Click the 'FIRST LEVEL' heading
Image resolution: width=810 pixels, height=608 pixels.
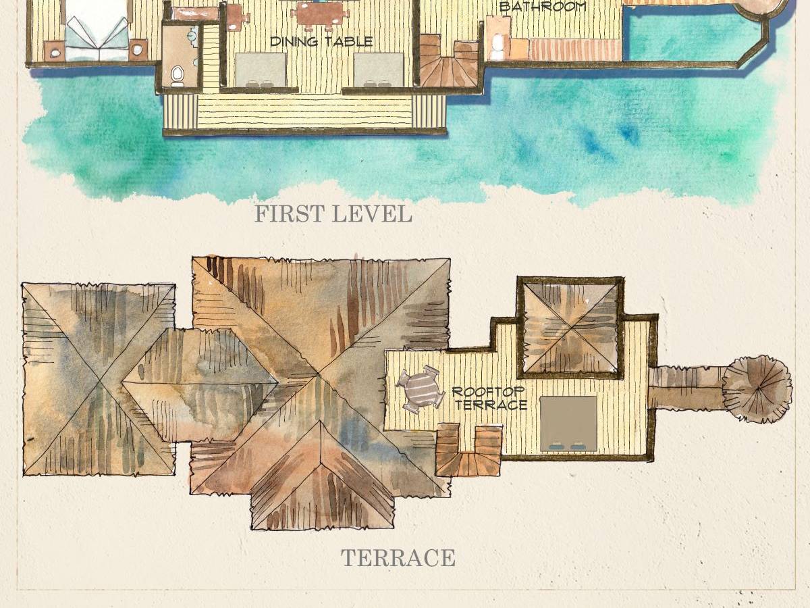(x=333, y=213)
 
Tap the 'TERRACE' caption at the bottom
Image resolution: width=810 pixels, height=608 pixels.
(x=398, y=557)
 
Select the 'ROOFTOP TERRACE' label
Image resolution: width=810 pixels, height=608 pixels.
(x=490, y=399)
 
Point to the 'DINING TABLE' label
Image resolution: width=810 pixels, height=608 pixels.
(x=321, y=41)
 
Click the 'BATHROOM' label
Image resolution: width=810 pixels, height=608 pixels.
(x=543, y=6)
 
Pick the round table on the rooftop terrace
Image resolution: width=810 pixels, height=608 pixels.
(x=421, y=390)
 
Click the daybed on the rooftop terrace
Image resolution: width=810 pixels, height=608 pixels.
(x=568, y=424)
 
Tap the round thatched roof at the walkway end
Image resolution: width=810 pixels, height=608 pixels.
(x=757, y=389)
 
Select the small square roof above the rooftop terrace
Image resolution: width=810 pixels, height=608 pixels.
(x=570, y=328)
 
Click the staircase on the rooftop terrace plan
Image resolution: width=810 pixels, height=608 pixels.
(x=468, y=451)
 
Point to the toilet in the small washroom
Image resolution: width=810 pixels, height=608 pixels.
(x=178, y=76)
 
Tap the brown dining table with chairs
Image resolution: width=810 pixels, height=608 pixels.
(x=319, y=17)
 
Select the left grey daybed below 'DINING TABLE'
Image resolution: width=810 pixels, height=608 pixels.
(x=261, y=70)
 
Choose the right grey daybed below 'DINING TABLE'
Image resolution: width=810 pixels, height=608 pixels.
(x=379, y=70)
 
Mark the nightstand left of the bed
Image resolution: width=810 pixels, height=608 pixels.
(x=55, y=51)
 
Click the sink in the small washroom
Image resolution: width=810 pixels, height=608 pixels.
(x=192, y=36)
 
